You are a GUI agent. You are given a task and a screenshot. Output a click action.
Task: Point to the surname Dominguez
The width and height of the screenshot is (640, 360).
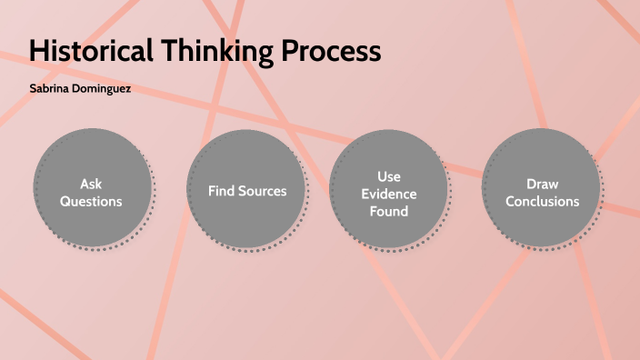(111, 91)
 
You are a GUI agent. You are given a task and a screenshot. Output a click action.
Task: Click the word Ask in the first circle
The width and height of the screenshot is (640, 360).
(91, 183)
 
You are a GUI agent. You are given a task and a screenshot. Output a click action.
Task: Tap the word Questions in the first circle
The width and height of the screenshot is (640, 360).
(91, 201)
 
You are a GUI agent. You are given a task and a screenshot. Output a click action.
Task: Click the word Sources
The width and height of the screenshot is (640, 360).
(264, 191)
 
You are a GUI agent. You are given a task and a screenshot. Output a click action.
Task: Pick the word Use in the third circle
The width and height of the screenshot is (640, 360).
(389, 175)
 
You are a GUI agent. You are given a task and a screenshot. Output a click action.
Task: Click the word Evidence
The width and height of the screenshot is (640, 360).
(389, 194)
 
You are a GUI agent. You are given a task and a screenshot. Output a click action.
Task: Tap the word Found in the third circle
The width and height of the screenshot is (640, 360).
(389, 211)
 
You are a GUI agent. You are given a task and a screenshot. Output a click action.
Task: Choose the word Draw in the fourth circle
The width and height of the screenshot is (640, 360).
(543, 184)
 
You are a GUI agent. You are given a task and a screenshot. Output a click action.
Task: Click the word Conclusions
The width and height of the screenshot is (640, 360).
(543, 201)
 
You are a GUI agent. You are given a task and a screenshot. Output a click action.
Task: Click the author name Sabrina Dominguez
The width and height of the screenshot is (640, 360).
(80, 91)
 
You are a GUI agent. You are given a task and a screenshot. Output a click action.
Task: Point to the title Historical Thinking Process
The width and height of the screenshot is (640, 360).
(205, 51)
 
